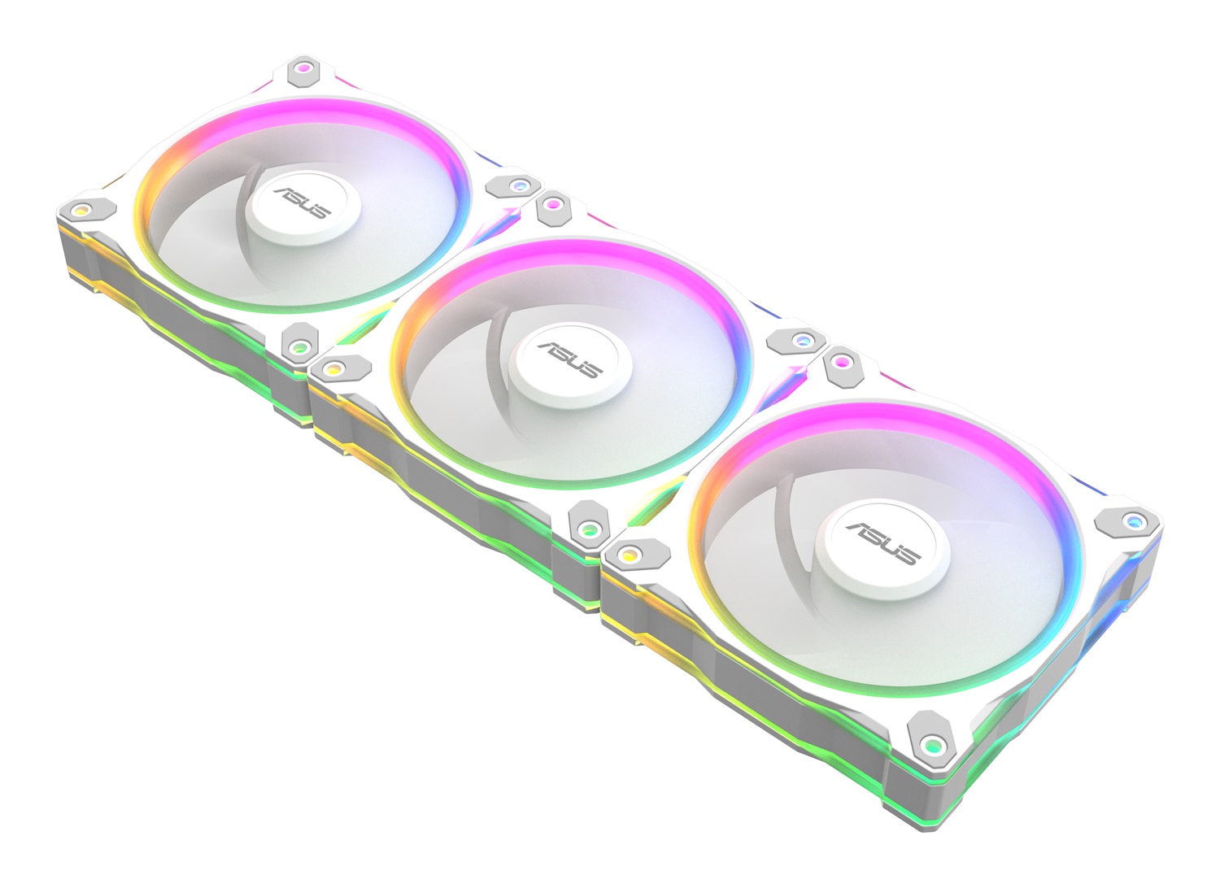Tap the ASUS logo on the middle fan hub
[569, 359]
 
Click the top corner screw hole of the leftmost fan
[303, 69]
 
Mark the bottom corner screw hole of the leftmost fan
[298, 347]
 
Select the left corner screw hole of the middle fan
[331, 368]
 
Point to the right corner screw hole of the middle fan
[801, 339]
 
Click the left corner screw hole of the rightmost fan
[626, 554]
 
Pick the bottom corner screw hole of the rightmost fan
[934, 743]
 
